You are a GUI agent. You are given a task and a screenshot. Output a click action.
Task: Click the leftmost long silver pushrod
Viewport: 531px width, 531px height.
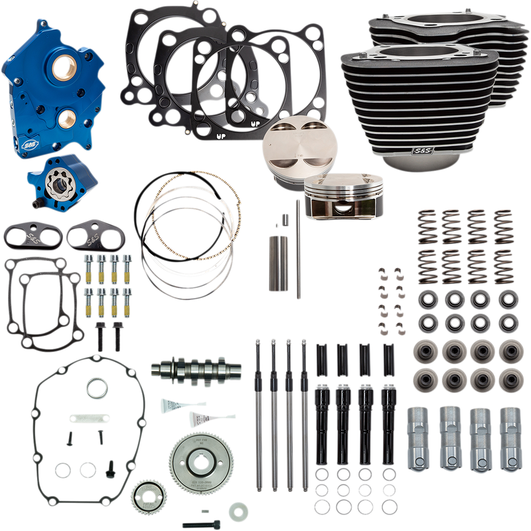pyautogui.click(x=256, y=412)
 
